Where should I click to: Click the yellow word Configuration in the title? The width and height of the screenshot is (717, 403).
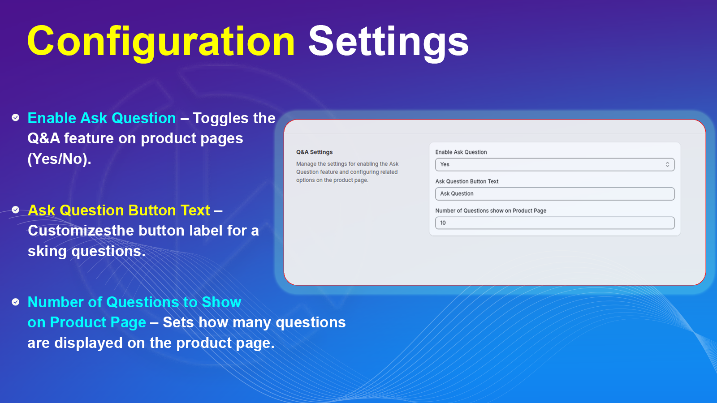(x=161, y=42)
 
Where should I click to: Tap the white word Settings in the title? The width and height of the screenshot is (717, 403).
(x=388, y=42)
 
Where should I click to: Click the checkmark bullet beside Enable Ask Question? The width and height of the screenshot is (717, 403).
(x=15, y=118)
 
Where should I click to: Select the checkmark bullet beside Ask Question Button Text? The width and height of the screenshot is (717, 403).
(x=15, y=210)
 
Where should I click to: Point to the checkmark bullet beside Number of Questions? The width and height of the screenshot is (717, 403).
(x=15, y=302)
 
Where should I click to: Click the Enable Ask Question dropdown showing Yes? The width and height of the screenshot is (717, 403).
(x=555, y=164)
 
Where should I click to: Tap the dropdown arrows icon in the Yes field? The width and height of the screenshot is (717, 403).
(x=667, y=164)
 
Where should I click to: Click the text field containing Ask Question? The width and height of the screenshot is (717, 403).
(x=555, y=194)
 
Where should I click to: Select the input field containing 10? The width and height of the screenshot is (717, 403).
(x=555, y=223)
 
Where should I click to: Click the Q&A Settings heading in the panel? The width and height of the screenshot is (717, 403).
(x=314, y=152)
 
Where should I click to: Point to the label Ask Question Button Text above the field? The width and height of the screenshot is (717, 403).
(x=466, y=181)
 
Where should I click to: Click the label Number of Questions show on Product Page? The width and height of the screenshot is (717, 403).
(x=491, y=211)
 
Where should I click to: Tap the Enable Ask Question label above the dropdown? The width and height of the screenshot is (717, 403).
(x=461, y=152)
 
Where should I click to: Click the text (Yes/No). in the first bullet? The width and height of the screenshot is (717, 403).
(x=60, y=159)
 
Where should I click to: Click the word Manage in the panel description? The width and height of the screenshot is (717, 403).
(x=305, y=164)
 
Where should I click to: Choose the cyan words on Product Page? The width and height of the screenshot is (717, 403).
(x=87, y=322)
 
